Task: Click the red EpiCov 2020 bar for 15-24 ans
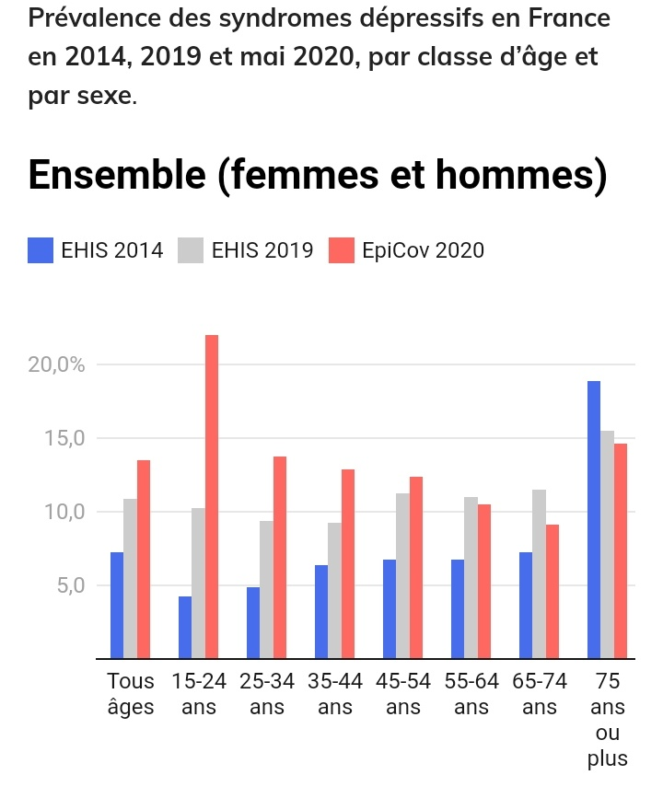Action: tap(212, 497)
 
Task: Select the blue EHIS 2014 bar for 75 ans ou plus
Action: tap(594, 520)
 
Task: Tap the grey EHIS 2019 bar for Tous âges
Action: tap(130, 579)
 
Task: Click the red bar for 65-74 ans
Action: tap(552, 592)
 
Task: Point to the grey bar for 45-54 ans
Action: tap(402, 576)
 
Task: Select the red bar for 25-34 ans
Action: tap(280, 558)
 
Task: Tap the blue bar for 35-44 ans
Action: tap(321, 612)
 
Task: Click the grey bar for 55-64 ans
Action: tap(471, 578)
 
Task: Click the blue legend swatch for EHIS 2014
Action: tap(41, 250)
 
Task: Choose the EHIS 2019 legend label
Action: tap(262, 250)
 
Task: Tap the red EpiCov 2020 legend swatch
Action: tap(342, 250)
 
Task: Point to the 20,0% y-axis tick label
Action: tap(57, 364)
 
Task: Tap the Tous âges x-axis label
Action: tap(131, 695)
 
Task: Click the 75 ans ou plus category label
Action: tap(607, 721)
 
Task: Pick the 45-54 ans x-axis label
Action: tap(402, 695)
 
